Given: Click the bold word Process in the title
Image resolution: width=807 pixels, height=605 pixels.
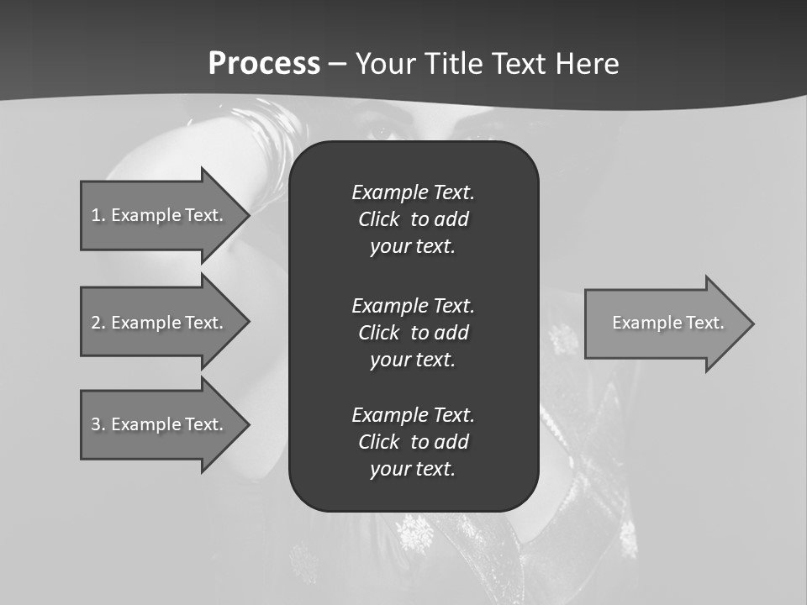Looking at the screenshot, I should click(264, 64).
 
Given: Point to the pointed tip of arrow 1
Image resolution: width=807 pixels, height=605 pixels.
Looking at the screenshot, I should click(248, 215).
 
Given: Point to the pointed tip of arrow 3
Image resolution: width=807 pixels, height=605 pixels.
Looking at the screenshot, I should click(248, 424).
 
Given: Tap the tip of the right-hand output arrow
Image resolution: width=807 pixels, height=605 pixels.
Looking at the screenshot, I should click(752, 324).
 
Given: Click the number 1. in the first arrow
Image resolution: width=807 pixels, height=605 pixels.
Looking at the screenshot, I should click(98, 215).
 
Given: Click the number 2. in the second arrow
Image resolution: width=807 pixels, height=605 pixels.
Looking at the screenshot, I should click(98, 323).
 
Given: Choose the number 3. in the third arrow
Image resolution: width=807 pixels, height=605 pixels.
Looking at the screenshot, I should click(98, 424).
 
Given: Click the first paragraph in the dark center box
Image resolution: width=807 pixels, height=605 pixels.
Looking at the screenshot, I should click(413, 219).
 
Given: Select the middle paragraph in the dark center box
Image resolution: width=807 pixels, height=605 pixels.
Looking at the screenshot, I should click(413, 333).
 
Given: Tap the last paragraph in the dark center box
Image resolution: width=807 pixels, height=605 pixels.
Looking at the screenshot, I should click(413, 442).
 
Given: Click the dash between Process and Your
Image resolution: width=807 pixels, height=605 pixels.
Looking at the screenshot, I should click(337, 64).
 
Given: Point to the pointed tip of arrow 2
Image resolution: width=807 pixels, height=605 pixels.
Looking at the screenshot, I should click(248, 323).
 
